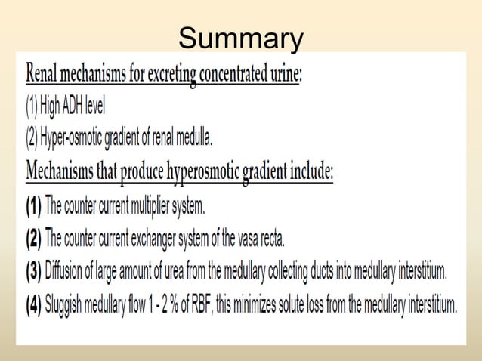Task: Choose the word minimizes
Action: click(246, 305)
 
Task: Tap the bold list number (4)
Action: click(34, 306)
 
